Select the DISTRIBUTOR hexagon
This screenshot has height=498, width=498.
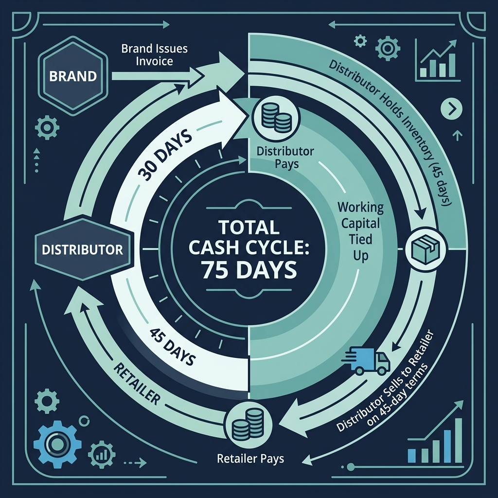pyautogui.click(x=82, y=250)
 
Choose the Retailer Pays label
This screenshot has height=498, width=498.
pyautogui.click(x=250, y=458)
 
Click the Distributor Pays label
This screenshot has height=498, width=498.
pyautogui.click(x=285, y=158)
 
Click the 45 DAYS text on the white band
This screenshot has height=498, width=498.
pyautogui.click(x=173, y=347)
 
